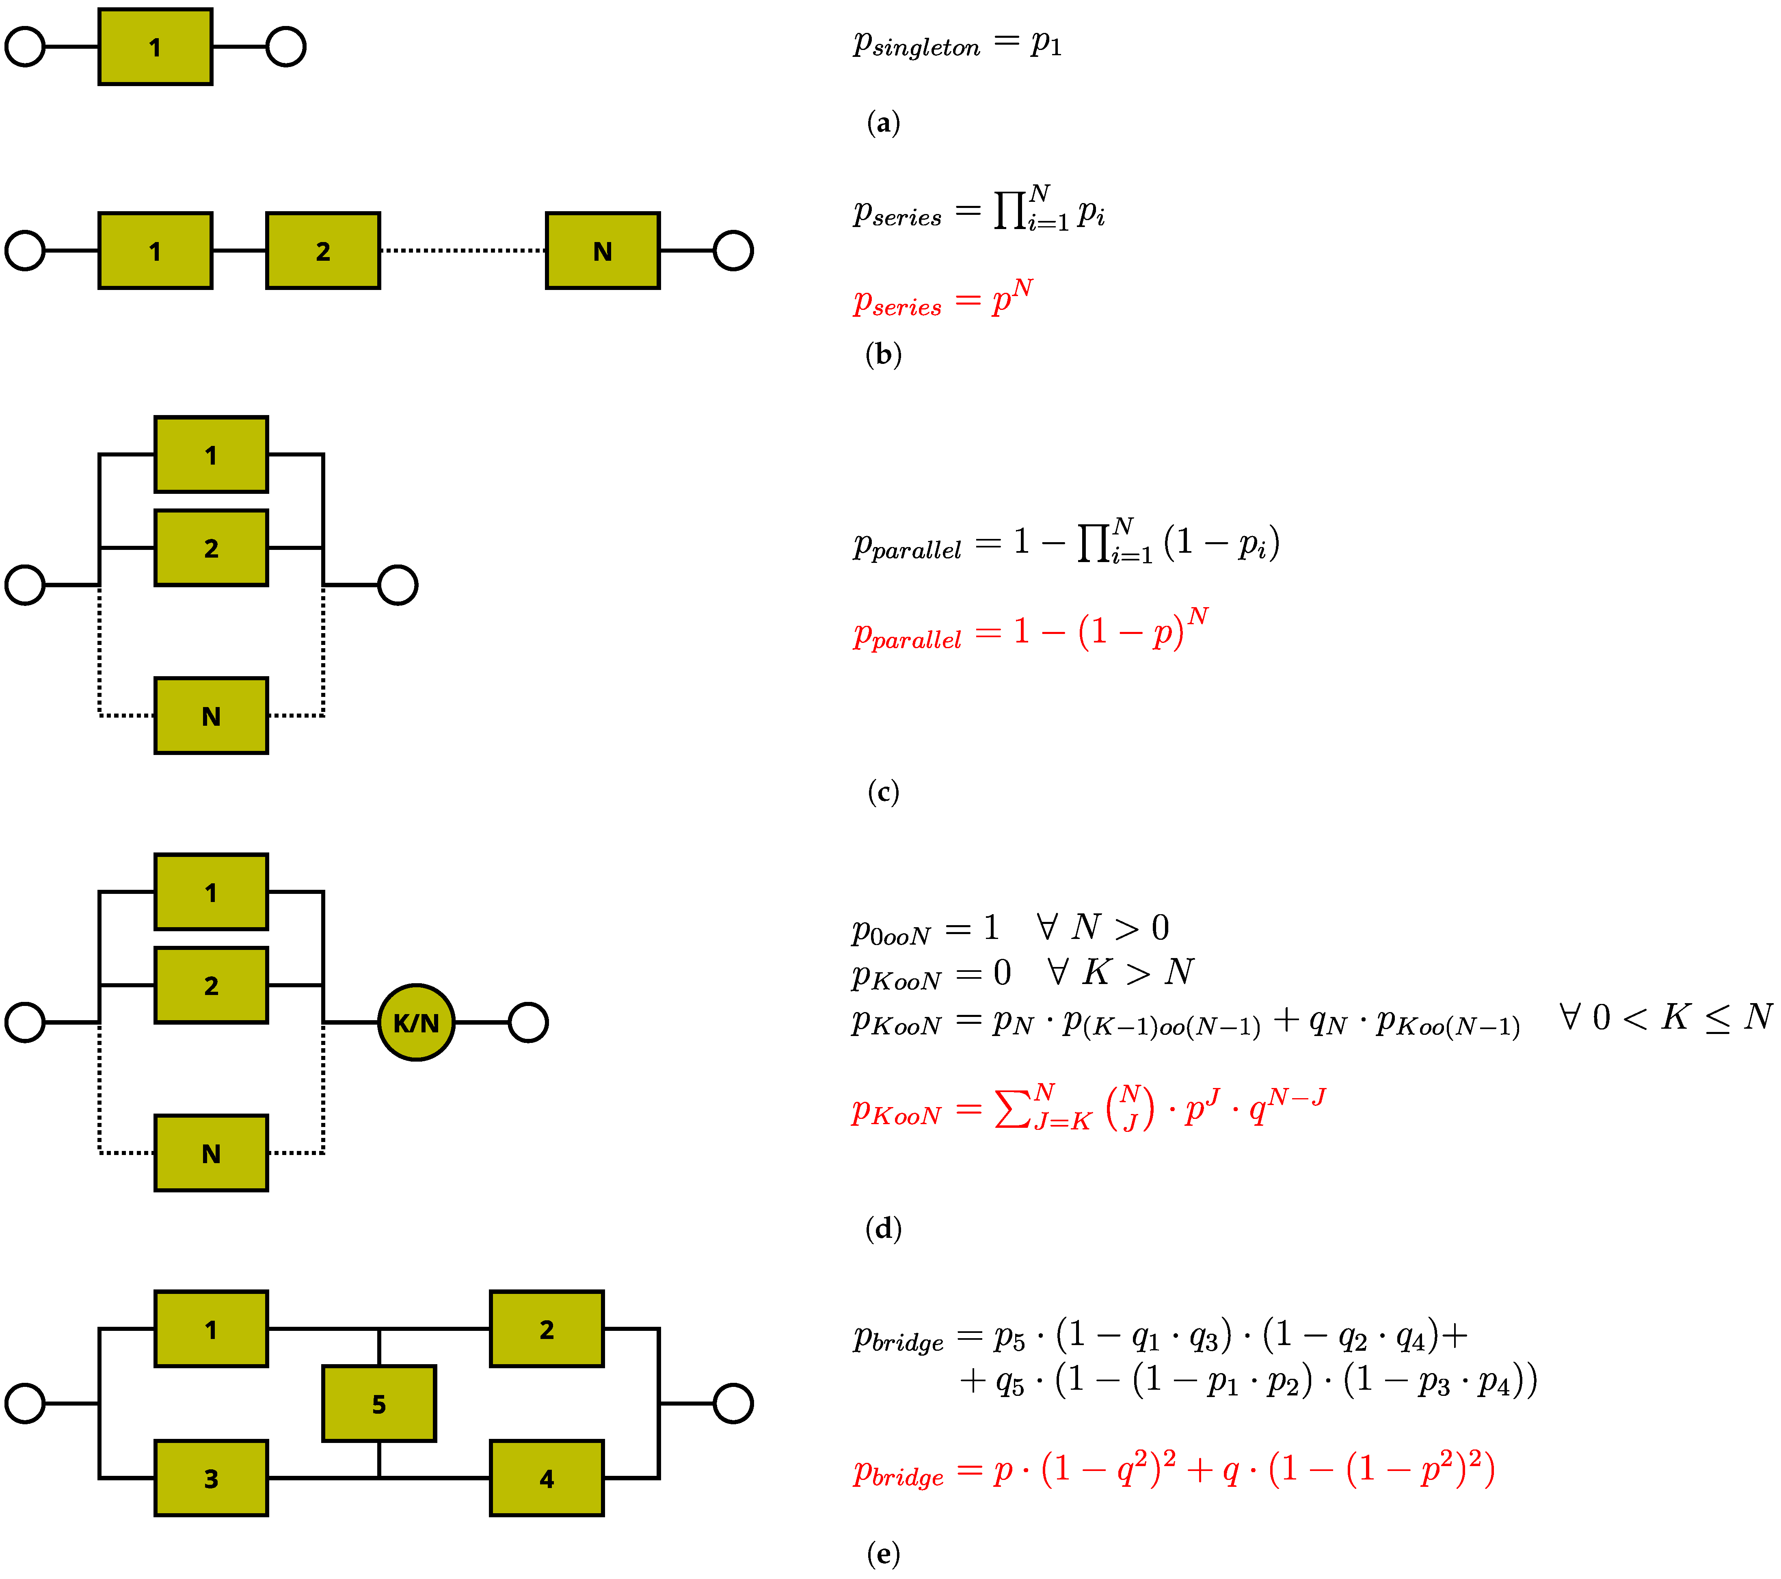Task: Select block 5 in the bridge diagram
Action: pos(379,1404)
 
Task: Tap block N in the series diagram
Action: pos(602,251)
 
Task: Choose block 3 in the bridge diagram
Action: pos(211,1479)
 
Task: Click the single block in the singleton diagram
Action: pos(155,47)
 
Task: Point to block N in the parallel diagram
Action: pos(211,716)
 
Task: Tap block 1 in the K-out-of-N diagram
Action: pos(211,892)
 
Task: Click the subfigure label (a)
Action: pos(883,123)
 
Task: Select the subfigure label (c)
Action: pos(883,792)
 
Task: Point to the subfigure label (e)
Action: pos(883,1554)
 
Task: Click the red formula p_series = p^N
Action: pos(943,299)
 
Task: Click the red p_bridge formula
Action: pos(1174,1470)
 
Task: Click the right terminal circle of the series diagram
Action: pos(733,251)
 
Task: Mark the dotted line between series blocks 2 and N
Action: pos(463,251)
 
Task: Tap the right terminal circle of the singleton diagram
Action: pos(286,47)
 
